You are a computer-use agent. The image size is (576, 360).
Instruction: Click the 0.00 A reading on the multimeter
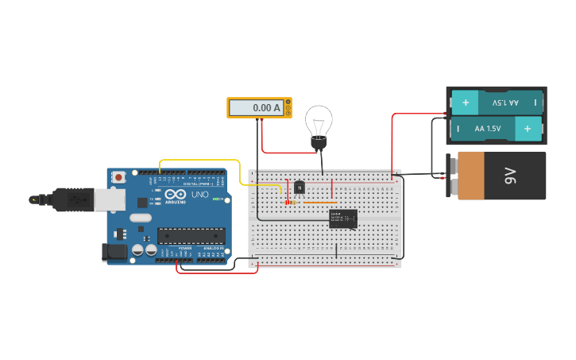point(266,107)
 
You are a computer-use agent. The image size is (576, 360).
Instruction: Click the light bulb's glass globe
point(319,121)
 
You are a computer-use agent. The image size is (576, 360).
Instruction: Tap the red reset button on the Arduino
point(118,176)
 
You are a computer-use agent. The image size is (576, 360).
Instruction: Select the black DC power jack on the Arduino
point(114,253)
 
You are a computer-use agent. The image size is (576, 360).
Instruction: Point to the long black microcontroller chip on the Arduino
point(191,235)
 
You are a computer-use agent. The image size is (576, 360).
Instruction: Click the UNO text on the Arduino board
point(199,195)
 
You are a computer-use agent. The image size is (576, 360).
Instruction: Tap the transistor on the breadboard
point(300,188)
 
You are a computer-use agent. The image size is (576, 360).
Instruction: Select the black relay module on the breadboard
point(342,219)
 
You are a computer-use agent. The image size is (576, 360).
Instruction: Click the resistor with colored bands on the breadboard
point(291,203)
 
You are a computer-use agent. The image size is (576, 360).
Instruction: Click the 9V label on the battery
point(509,176)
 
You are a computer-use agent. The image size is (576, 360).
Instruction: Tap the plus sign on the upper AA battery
point(466,103)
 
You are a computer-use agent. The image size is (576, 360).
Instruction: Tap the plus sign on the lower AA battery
point(527,128)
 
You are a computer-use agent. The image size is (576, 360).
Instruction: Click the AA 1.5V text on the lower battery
point(488,128)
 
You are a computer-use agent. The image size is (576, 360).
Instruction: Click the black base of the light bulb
point(319,144)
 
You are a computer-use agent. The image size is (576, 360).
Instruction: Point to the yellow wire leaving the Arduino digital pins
point(199,160)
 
